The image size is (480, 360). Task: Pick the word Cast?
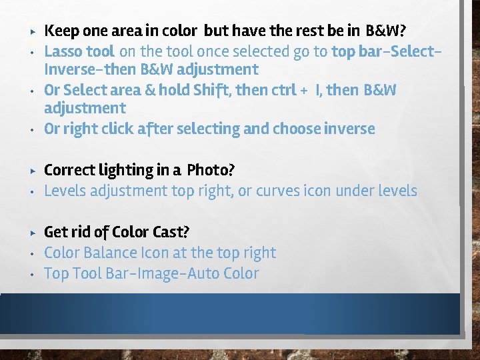point(171,232)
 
